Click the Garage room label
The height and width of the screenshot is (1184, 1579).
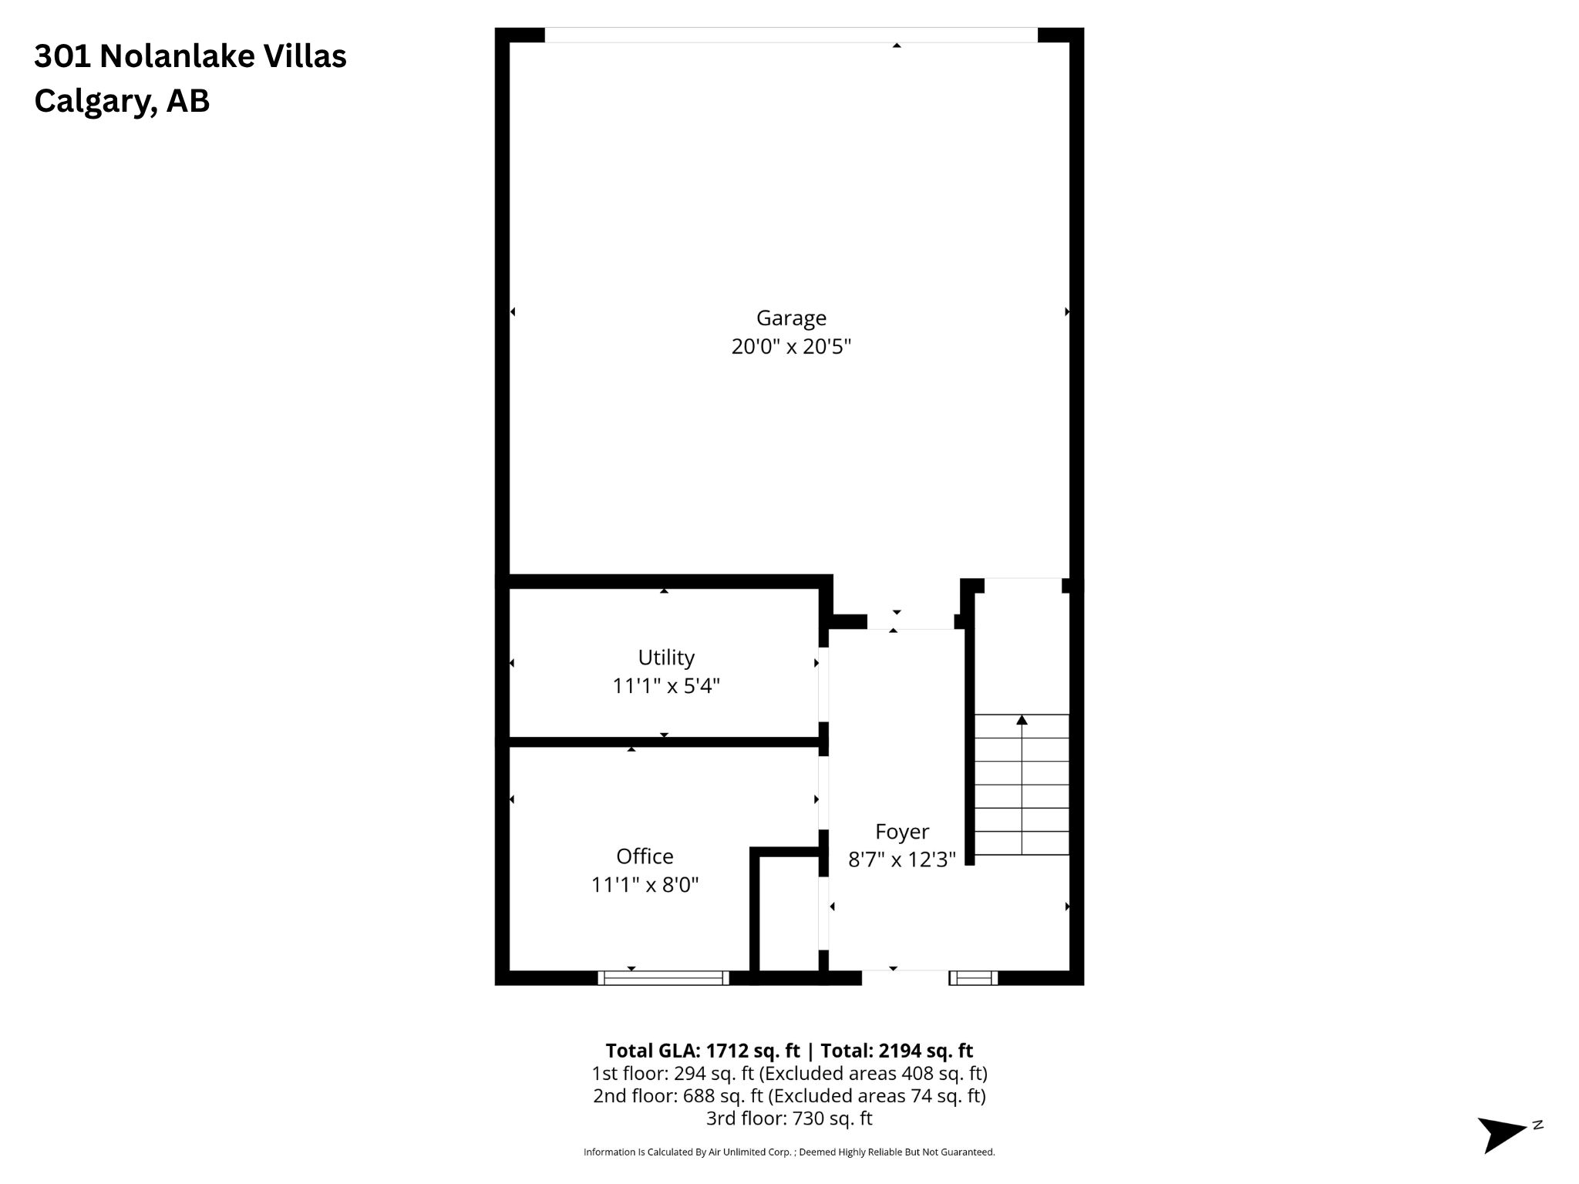pos(791,318)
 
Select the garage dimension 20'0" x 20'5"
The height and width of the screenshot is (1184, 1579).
pos(791,347)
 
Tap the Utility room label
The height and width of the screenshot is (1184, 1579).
pos(666,658)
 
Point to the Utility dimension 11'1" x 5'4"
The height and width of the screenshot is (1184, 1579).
pos(666,686)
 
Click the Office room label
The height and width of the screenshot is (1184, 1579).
pos(645,856)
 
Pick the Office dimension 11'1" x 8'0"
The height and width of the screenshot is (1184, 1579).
pos(645,885)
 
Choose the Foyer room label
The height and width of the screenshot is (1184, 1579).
pos(902,832)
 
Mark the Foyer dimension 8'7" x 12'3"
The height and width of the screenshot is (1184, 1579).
pos(902,859)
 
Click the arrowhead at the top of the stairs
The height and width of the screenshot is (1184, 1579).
pos(1022,720)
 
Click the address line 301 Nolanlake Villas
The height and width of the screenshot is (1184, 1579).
pos(190,56)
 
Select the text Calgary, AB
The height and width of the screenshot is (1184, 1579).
pos(122,102)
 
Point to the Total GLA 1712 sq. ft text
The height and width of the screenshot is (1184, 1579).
pos(702,1051)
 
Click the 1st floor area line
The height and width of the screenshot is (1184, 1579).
pos(789,1073)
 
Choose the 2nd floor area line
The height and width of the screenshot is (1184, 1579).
pos(789,1095)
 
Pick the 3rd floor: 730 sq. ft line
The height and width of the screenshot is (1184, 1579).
pos(789,1118)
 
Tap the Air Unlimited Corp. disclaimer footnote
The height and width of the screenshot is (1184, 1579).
pos(789,1152)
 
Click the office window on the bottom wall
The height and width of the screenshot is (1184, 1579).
pos(664,978)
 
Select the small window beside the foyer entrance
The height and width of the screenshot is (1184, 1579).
pos(974,978)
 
